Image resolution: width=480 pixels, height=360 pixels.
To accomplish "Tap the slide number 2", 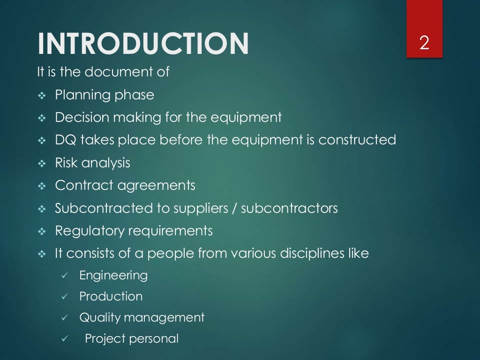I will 424,44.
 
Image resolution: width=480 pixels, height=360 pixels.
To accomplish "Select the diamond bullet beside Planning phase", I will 41,96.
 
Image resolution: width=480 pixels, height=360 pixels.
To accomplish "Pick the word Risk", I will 66,163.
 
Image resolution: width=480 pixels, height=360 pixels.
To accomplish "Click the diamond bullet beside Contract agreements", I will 41,186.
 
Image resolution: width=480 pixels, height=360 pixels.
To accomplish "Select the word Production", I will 111,296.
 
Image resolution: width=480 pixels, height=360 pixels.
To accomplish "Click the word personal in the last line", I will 156,339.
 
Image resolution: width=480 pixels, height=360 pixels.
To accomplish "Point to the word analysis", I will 105,163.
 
